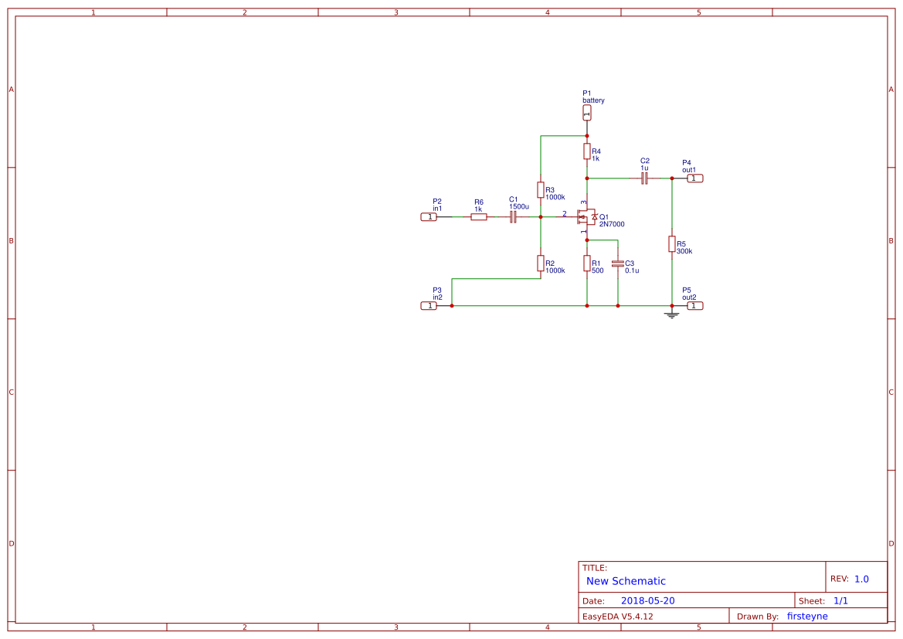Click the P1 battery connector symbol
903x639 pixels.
[587, 113]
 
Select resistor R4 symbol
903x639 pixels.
[587, 150]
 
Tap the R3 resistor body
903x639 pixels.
[541, 190]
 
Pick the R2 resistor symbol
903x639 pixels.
[541, 263]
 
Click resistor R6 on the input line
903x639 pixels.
[479, 217]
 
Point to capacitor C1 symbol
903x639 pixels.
[513, 217]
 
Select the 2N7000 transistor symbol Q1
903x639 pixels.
[587, 218]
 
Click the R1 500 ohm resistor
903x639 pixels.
[587, 263]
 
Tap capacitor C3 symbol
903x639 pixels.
[617, 263]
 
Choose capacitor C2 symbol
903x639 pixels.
[644, 178]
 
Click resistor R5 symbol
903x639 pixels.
[672, 244]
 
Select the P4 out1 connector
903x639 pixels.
[694, 178]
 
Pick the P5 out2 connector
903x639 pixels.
[694, 306]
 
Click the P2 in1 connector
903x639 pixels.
[429, 217]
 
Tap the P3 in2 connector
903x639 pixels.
[429, 306]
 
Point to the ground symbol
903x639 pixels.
[672, 314]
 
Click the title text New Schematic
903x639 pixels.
[626, 581]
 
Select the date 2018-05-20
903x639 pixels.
[647, 600]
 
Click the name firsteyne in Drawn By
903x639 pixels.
[807, 616]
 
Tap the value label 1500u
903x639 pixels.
[519, 206]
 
